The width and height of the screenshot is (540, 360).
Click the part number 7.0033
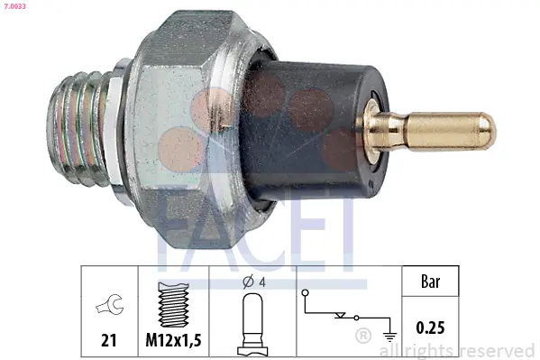(14, 6)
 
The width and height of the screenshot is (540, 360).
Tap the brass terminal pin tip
(489, 131)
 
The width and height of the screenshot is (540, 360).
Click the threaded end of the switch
(78, 128)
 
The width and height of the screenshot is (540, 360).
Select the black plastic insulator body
(310, 131)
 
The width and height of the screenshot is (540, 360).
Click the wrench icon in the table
(109, 304)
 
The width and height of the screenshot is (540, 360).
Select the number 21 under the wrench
(109, 340)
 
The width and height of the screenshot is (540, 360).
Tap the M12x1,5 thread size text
(173, 340)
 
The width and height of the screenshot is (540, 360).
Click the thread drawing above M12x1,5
(173, 304)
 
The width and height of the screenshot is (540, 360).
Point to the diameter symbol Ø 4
(254, 282)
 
